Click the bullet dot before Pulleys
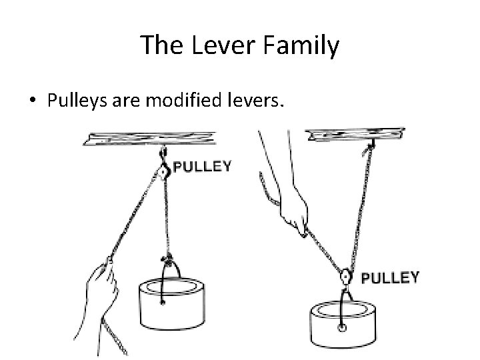point(33,101)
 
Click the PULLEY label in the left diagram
point(202,167)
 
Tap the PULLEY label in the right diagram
point(389,277)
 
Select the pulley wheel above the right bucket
point(346,277)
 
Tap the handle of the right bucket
point(341,307)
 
